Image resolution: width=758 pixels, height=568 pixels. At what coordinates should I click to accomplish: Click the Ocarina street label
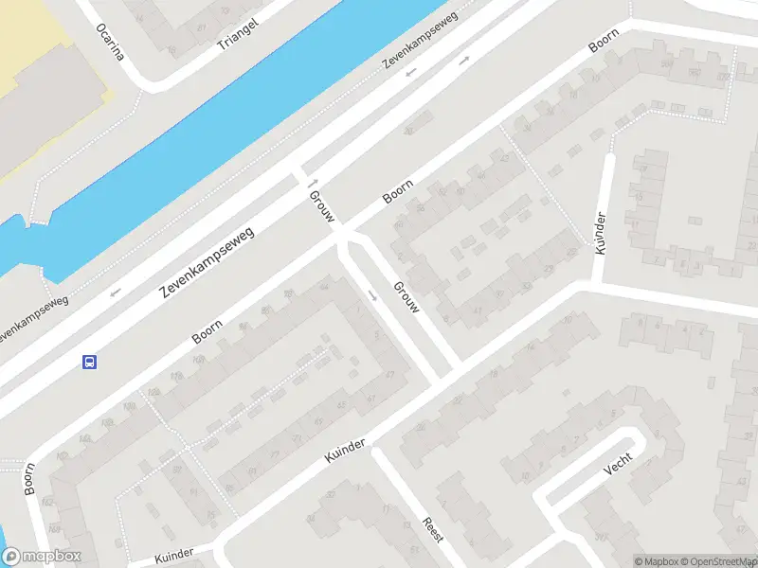click(110, 41)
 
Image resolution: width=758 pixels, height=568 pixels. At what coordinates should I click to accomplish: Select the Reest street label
click(432, 528)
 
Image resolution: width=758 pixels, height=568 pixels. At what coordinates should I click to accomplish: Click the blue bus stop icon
click(90, 362)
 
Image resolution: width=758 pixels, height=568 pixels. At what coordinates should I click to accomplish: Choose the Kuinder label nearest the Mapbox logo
click(171, 553)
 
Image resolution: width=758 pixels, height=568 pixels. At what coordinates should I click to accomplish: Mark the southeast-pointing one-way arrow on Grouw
click(372, 295)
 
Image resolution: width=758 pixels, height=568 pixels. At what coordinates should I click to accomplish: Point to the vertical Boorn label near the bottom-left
click(29, 478)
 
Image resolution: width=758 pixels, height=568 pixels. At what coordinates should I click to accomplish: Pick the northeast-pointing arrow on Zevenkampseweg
click(463, 60)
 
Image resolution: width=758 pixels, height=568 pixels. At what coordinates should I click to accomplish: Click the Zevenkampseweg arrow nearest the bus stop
click(116, 292)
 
